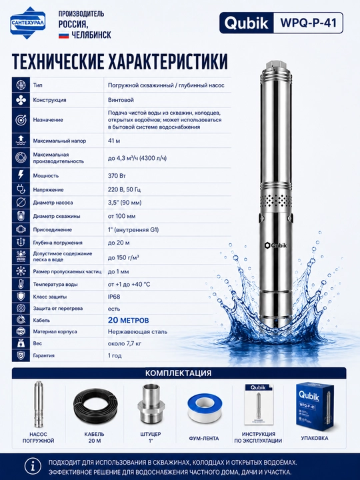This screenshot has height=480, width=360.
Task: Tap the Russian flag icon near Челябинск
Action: (64, 35)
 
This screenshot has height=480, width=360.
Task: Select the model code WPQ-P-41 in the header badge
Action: (308, 23)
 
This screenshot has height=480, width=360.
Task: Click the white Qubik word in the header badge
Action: (246, 23)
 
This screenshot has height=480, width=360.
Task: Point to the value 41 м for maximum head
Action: (114, 141)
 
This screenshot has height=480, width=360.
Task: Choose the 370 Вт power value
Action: (117, 176)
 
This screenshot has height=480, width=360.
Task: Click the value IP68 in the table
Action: (114, 297)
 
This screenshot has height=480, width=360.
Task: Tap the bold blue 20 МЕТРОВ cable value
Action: (128, 320)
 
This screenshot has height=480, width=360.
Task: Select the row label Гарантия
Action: (44, 355)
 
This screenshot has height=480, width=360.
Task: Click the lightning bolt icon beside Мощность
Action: (21, 175)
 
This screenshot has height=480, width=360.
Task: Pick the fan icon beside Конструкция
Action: (21, 100)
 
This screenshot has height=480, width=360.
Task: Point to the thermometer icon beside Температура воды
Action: (21, 284)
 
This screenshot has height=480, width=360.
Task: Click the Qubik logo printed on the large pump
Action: (276, 245)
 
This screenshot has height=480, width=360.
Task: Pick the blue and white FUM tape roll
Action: (203, 409)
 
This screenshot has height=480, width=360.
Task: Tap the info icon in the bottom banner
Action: (33, 467)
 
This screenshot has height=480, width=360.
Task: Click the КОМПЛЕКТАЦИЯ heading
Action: (178, 373)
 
